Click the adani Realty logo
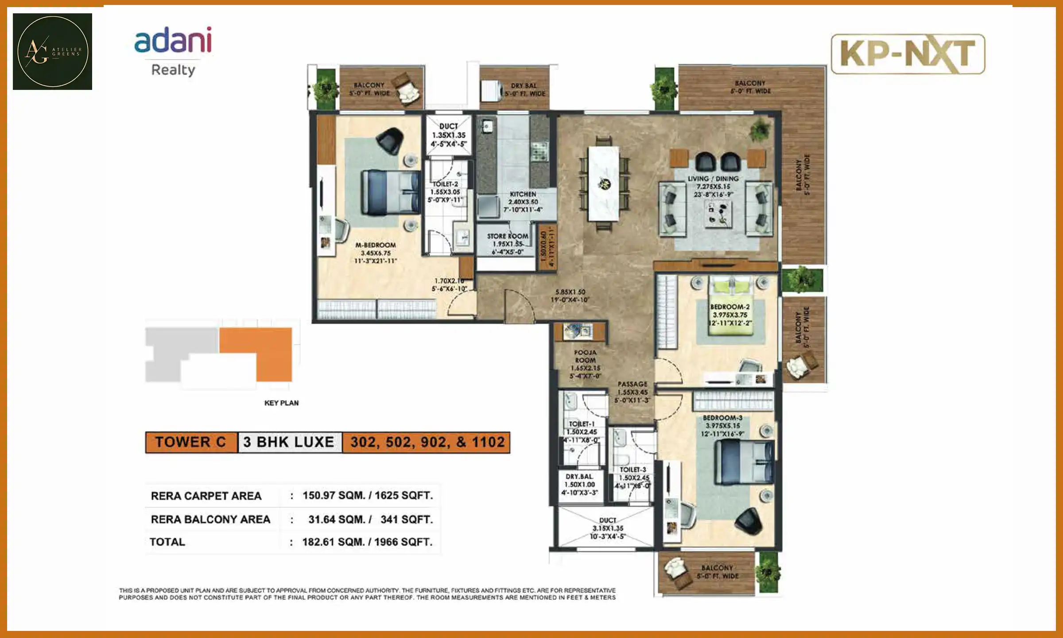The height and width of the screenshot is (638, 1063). click(x=173, y=51)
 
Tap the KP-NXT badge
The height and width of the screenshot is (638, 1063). click(x=908, y=54)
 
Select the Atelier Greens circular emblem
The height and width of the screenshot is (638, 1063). click(x=53, y=51)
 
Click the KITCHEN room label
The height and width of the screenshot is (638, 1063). click(x=523, y=194)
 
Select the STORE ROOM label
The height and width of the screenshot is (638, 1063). click(x=508, y=236)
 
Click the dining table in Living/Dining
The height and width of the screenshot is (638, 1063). click(x=603, y=183)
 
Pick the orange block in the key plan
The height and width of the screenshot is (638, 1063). click(x=266, y=350)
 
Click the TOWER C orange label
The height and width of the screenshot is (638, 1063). click(x=191, y=442)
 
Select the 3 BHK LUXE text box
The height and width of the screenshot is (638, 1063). click(x=289, y=442)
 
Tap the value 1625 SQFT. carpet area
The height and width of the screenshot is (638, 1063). click(x=403, y=495)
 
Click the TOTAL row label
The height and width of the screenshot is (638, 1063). click(x=167, y=542)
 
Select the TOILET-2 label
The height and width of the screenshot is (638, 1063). click(x=446, y=184)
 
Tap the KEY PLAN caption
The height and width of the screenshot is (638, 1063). click(x=281, y=403)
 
